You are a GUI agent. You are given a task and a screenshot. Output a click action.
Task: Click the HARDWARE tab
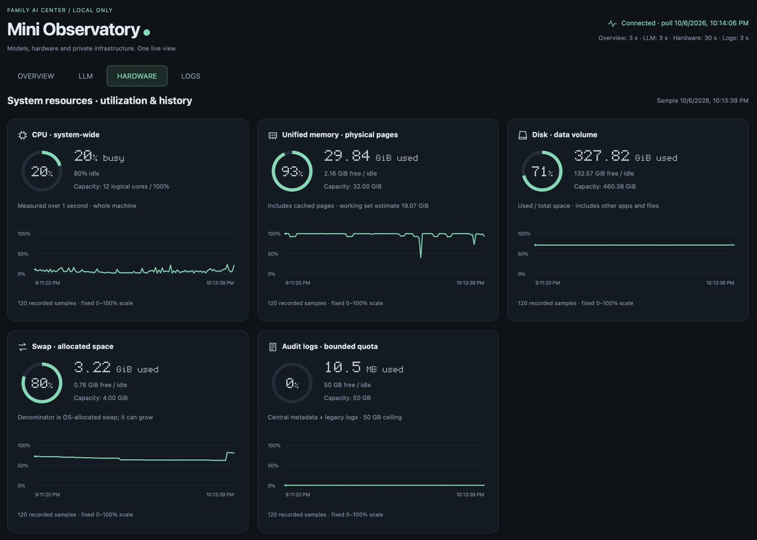point(137,76)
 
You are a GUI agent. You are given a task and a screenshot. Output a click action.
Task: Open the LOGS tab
point(191,76)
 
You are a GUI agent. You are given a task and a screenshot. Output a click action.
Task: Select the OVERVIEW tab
point(36,76)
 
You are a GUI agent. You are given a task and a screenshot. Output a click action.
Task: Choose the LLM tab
point(85,76)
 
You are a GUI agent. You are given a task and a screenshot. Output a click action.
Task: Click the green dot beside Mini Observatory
point(146,32)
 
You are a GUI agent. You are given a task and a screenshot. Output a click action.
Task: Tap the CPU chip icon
point(23,135)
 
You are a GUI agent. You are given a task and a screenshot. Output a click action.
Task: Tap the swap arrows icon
point(23,347)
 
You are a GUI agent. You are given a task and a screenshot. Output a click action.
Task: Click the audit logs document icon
point(273,347)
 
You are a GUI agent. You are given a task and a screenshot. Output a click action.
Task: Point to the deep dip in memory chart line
point(420,256)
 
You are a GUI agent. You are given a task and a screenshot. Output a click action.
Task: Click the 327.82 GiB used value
point(626,156)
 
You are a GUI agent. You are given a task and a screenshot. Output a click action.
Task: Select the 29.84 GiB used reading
point(371,156)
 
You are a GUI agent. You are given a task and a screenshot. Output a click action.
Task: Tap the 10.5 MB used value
point(364,368)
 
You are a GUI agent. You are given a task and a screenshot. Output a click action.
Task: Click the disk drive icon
point(523,135)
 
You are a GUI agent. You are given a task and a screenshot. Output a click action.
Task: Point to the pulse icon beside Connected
point(612,23)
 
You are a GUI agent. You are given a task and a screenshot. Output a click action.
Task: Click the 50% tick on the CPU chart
point(23,254)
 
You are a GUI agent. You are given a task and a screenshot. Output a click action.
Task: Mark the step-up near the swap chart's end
point(227,456)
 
